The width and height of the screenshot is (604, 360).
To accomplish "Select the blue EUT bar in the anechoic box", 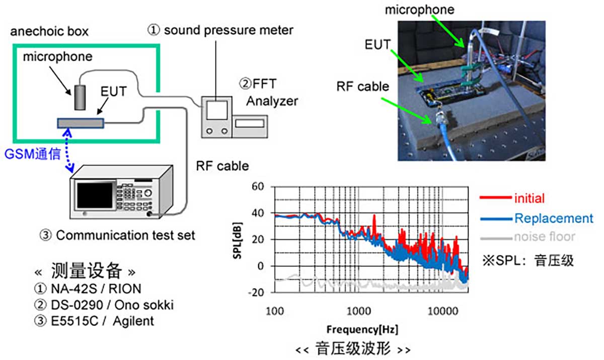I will (x=81, y=123).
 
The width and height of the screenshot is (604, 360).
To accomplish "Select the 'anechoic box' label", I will (x=49, y=32).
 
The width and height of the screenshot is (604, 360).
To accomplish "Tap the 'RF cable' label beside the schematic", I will (x=222, y=166).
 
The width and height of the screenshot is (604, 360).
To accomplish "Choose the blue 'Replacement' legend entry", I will (x=553, y=218).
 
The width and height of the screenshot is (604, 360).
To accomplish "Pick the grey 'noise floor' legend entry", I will (x=544, y=237).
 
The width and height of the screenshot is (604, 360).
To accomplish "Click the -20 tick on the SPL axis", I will (x=256, y=292).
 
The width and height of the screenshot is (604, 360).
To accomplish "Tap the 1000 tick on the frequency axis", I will (x=358, y=310).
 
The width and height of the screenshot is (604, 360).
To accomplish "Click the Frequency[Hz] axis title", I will (x=362, y=330).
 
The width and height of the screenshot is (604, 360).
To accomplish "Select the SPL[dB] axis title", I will (x=236, y=240).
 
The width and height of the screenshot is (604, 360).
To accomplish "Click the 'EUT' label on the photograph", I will (x=377, y=44).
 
